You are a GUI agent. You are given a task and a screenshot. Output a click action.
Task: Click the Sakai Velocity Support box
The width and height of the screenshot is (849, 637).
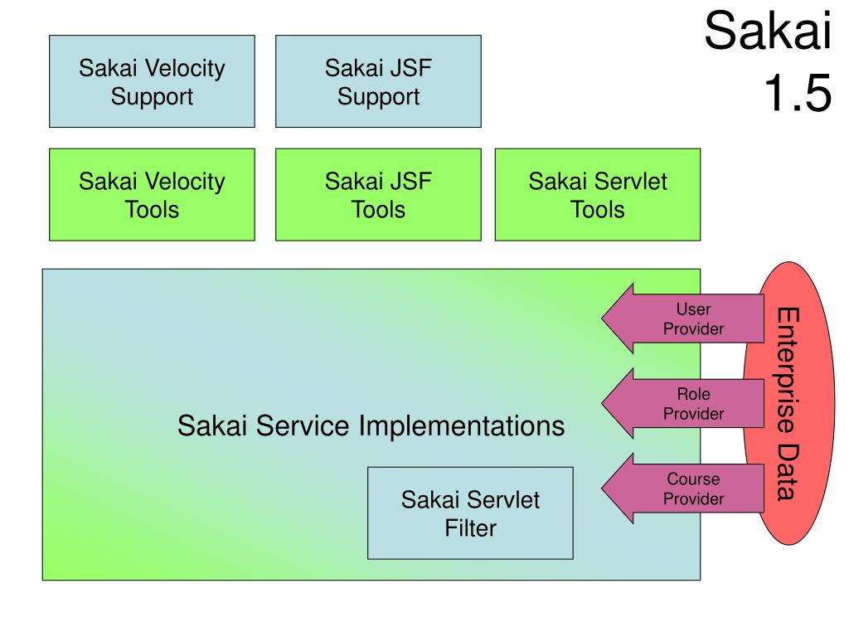152,81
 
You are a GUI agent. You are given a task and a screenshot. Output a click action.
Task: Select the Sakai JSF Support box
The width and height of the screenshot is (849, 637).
378,81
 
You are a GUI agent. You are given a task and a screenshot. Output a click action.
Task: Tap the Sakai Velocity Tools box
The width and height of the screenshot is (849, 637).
152,194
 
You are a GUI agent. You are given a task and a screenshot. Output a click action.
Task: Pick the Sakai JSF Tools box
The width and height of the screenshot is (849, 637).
378,194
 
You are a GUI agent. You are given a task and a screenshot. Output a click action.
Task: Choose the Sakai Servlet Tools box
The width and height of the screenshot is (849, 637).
598,194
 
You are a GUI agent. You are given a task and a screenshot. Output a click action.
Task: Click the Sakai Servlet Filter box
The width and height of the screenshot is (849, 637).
470,513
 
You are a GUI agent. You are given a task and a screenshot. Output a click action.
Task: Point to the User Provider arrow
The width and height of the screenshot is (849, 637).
683,318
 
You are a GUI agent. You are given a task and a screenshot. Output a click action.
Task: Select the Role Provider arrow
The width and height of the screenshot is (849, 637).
683,404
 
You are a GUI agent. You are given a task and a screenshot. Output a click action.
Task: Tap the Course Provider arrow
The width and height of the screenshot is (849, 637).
683,489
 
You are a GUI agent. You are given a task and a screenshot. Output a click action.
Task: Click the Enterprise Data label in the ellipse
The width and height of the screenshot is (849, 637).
788,404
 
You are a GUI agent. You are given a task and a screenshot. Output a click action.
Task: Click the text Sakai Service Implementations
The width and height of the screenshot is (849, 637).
371,425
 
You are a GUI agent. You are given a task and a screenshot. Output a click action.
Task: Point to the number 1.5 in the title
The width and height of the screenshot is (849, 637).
798,93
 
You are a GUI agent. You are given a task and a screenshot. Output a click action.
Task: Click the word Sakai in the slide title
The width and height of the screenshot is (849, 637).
768,31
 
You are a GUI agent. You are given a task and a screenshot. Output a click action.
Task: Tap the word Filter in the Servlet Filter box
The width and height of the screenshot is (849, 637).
470,528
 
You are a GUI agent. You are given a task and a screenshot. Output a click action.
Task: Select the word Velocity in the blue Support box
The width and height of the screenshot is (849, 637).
185,69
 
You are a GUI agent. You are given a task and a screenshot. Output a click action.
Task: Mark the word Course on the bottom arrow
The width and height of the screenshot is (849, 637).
693,479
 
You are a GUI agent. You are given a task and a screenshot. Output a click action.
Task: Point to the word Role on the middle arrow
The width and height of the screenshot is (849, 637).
693,394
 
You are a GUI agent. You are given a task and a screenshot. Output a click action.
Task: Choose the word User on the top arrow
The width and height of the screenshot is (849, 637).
693,309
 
